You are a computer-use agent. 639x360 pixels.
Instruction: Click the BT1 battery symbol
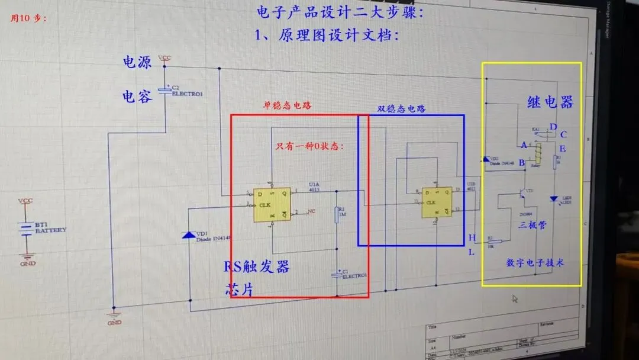click(x=25, y=229)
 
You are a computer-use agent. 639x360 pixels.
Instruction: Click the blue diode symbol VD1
click(x=189, y=235)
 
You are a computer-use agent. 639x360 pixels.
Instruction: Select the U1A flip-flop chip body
click(x=272, y=205)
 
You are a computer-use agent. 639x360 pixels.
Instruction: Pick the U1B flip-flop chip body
click(x=437, y=202)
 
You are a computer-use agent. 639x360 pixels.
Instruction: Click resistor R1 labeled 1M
click(x=336, y=214)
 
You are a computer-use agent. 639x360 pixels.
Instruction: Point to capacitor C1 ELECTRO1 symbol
click(x=337, y=275)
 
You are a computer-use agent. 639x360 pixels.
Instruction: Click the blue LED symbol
click(x=554, y=200)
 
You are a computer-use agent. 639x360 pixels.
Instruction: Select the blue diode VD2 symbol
click(x=486, y=159)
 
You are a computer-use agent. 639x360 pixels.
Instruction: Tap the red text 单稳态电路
click(x=287, y=106)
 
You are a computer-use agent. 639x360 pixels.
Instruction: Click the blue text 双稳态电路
click(x=401, y=110)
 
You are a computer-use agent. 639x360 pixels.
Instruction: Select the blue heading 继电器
click(x=550, y=102)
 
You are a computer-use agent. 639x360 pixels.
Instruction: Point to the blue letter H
click(x=472, y=238)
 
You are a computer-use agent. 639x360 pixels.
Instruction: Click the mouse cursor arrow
click(x=515, y=299)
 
